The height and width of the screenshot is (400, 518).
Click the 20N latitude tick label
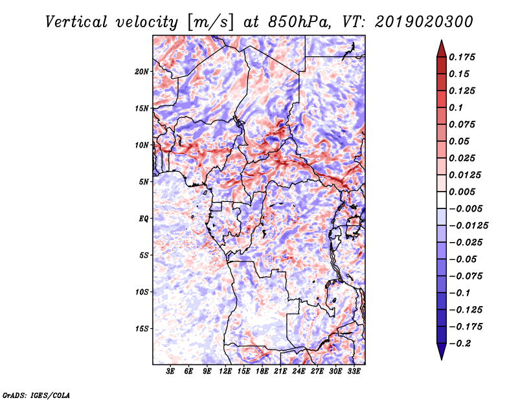[x=142, y=72]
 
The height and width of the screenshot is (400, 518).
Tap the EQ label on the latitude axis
[x=144, y=219]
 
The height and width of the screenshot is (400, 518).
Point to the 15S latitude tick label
[x=142, y=329]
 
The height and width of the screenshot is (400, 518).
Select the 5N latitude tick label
[x=144, y=182]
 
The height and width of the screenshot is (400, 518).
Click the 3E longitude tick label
[x=170, y=372]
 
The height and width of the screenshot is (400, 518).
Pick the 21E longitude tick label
[x=280, y=372]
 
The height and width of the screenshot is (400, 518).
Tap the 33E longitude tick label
[x=354, y=372]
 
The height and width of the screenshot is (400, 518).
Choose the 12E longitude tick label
[x=225, y=372]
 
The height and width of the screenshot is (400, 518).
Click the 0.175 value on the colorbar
[x=462, y=57]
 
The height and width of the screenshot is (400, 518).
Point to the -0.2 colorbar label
[x=460, y=344]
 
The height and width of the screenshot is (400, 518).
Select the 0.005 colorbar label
[x=462, y=192]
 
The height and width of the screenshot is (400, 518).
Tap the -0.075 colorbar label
[x=466, y=276]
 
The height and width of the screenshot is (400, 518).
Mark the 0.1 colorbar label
[x=456, y=107]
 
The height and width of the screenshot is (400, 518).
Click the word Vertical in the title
[x=76, y=22]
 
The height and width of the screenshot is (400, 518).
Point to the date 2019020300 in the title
[x=424, y=22]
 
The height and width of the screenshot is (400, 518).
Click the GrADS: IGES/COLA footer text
[x=36, y=395]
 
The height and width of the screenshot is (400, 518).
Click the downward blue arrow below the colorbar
[x=442, y=351]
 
